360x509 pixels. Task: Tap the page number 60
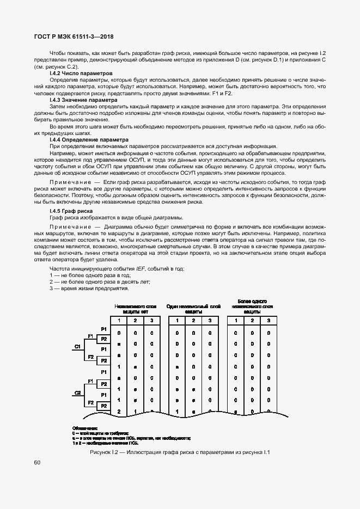37,463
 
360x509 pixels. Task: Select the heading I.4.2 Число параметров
81,73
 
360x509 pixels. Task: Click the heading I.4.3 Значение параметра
83,100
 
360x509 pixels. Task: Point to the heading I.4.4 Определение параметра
88,140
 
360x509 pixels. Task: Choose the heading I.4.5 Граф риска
71,211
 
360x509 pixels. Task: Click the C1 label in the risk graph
77,346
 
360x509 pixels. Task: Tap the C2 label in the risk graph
77,393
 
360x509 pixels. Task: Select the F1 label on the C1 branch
91,336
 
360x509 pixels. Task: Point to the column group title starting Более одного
252,301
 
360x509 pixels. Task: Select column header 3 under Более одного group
269,320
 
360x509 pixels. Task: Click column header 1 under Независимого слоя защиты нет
119,320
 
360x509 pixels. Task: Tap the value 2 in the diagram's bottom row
119,412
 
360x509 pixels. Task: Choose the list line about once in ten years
100,281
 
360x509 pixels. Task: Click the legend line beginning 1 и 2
108,442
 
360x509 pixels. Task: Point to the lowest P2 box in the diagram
103,406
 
